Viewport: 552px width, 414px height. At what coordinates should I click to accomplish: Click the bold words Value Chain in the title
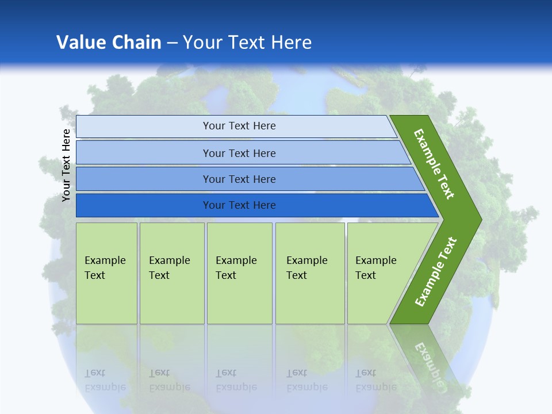pyautogui.click(x=109, y=43)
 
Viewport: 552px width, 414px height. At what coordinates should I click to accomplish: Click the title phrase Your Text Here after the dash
pyautogui.click(x=247, y=43)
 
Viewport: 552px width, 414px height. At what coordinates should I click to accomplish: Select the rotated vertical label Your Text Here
pyautogui.click(x=66, y=165)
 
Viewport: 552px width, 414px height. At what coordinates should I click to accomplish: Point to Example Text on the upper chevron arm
pyautogui.click(x=434, y=164)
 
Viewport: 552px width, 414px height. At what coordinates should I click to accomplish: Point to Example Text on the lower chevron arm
pyautogui.click(x=435, y=272)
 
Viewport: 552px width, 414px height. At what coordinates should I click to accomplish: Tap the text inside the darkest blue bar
pyautogui.click(x=239, y=205)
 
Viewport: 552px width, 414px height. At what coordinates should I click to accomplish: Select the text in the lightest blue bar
pyautogui.click(x=239, y=126)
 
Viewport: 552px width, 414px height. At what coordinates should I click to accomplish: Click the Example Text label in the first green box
pyautogui.click(x=105, y=268)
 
